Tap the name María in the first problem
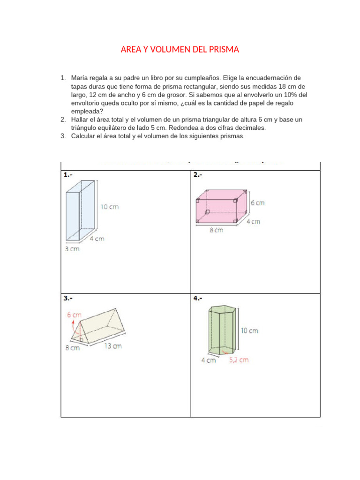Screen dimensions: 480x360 (x=81, y=77)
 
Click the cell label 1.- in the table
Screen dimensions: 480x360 (x=68, y=175)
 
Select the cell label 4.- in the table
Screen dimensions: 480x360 (x=198, y=298)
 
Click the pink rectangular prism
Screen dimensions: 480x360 (x=221, y=208)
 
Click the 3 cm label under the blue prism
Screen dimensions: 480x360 (x=72, y=249)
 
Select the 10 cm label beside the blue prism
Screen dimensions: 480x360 (x=110, y=207)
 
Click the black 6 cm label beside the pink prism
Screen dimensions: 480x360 (x=257, y=203)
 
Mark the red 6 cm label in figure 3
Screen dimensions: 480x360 (x=74, y=315)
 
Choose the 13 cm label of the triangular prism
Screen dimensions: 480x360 (x=112, y=346)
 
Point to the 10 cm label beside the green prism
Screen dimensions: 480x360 (x=249, y=330)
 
